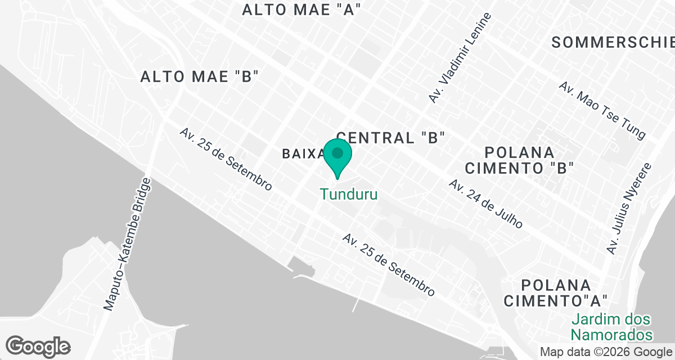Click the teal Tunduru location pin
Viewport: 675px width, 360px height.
point(337,159)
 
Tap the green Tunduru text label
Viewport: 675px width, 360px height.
point(348,195)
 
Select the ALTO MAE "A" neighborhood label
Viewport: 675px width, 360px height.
point(301,10)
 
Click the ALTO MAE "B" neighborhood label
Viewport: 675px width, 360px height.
point(199,77)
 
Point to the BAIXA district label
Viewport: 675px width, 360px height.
point(303,153)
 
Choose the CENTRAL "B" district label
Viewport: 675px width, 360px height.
point(391,137)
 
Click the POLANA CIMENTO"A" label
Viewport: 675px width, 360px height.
point(556,292)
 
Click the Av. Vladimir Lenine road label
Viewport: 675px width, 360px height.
point(460,58)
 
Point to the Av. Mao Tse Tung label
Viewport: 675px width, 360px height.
point(602,110)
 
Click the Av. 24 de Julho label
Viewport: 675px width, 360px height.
point(485,204)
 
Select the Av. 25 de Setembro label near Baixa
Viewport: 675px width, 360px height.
point(226,159)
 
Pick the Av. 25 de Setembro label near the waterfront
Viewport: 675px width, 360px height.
point(389,265)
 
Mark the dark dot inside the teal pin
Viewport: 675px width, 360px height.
point(337,152)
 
